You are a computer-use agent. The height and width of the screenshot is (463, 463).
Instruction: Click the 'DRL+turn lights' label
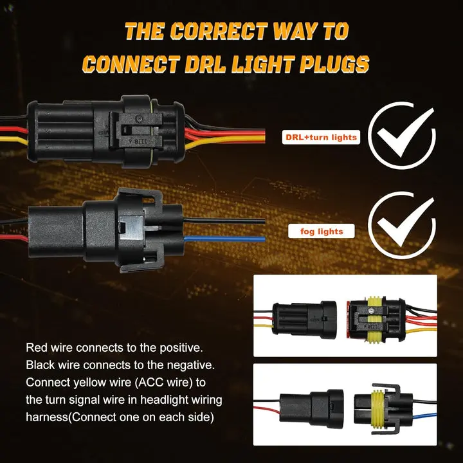click(x=320, y=137)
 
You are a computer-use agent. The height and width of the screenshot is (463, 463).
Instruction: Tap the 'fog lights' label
click(x=322, y=231)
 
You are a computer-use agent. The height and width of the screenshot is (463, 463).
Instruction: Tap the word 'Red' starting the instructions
click(x=36, y=348)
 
